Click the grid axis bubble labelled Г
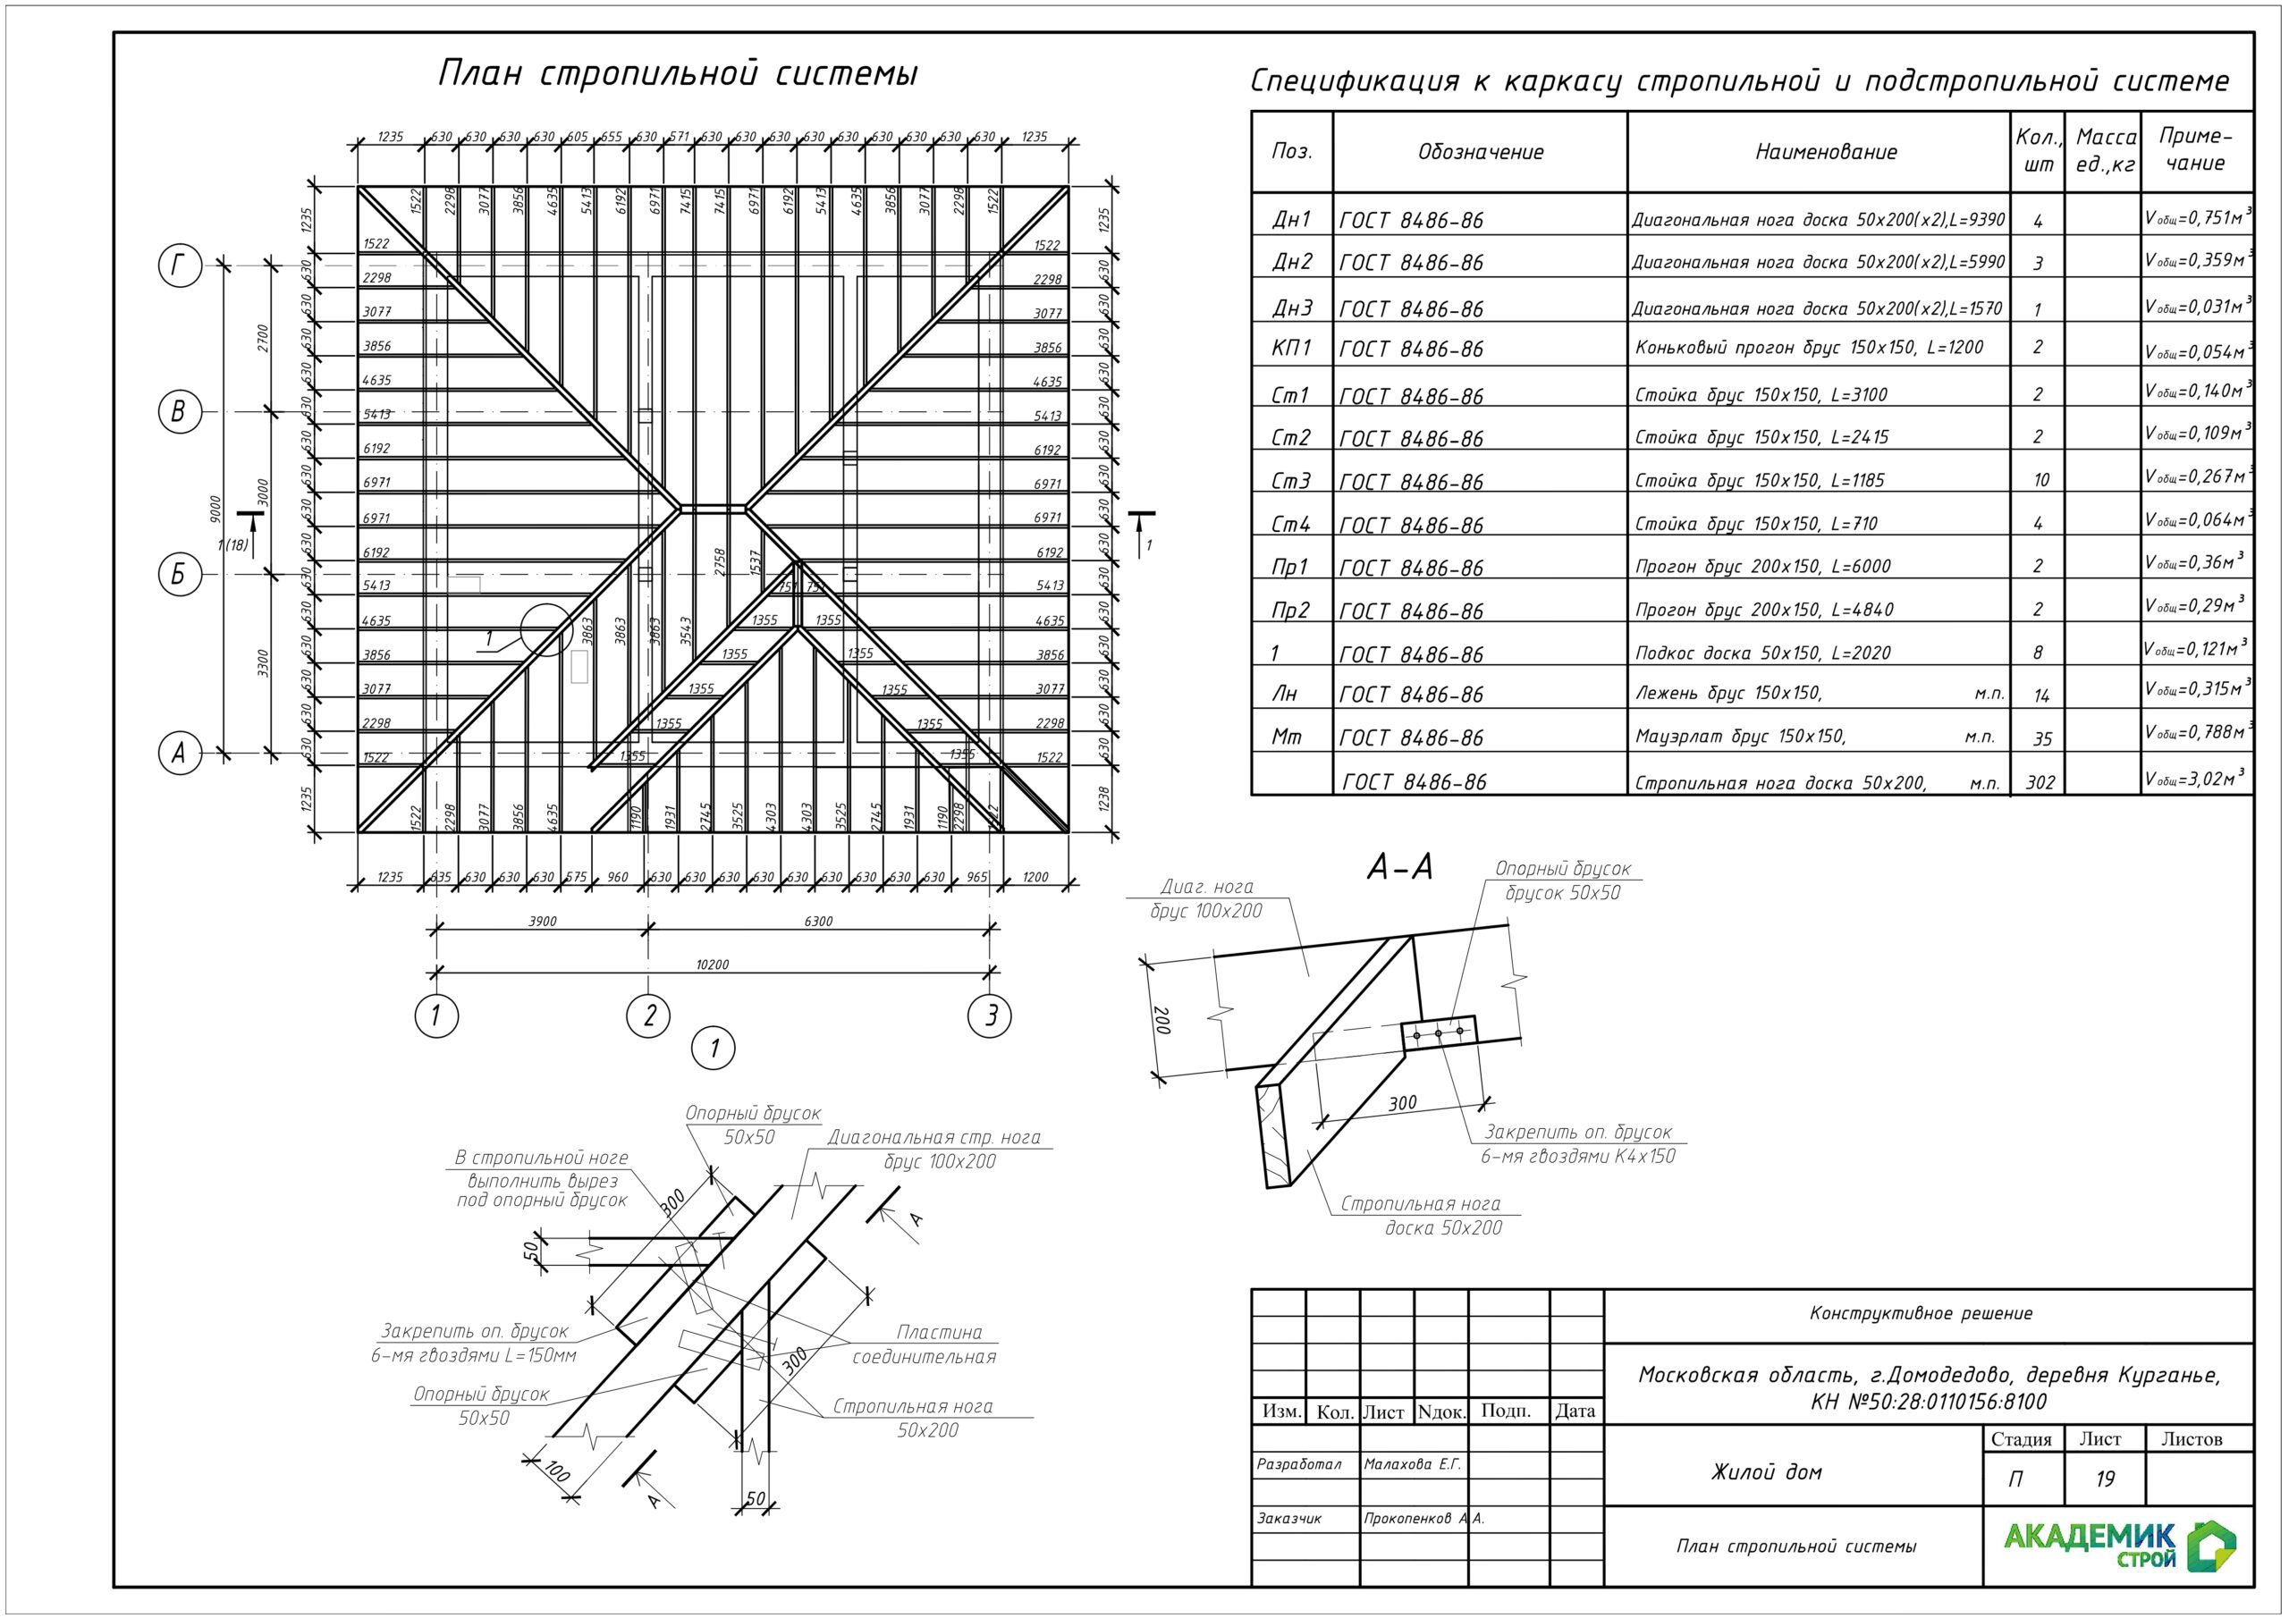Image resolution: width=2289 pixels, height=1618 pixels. tap(180, 266)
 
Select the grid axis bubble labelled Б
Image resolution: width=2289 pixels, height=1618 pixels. tap(180, 574)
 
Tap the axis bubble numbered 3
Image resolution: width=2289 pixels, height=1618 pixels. tap(990, 1015)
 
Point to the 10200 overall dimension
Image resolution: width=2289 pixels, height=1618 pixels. tap(712, 964)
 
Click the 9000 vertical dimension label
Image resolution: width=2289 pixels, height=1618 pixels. tap(215, 509)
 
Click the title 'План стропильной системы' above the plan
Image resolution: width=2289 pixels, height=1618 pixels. tap(678, 75)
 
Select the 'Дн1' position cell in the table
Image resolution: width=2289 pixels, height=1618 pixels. tap(1291, 219)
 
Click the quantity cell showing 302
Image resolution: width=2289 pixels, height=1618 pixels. tap(2040, 782)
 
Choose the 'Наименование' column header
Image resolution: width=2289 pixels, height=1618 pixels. tap(1826, 153)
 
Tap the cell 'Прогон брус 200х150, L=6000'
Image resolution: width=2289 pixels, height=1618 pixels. tap(1762, 566)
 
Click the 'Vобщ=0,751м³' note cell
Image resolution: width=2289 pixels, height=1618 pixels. tap(2197, 217)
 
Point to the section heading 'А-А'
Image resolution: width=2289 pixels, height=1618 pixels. tap(1399, 868)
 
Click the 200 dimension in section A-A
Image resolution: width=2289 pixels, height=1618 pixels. tap(1161, 1020)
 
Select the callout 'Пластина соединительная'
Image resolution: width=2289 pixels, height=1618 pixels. tap(925, 1344)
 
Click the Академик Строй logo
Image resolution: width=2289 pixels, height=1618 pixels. tap(2118, 1546)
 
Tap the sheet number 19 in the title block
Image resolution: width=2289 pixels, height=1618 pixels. tap(2105, 1479)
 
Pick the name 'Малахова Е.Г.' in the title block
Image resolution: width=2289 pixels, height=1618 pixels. tap(1412, 1464)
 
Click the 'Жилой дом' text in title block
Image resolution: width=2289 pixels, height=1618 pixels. tap(1766, 1471)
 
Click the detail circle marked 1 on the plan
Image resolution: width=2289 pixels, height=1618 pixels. tap(547, 629)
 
